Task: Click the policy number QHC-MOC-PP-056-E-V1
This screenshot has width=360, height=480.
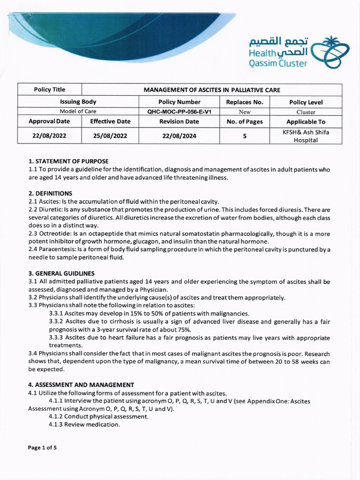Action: [x=180, y=112]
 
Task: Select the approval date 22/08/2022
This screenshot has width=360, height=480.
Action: [x=49, y=136]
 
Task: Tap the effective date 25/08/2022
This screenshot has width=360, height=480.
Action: [x=110, y=136]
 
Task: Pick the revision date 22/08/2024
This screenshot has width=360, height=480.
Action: [x=180, y=136]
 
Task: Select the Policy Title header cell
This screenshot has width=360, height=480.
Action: [x=49, y=90]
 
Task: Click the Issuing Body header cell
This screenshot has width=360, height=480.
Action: [x=78, y=102]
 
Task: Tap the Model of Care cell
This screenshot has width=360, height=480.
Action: [x=78, y=112]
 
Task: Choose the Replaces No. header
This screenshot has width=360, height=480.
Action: [x=245, y=102]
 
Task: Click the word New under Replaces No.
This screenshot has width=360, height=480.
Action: [x=245, y=112]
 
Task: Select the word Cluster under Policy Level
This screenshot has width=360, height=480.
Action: [x=306, y=112]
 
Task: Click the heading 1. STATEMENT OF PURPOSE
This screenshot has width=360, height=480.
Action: [x=68, y=161]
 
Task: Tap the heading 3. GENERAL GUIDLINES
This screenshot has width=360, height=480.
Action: [x=61, y=273]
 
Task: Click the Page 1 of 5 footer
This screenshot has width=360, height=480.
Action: [x=42, y=448]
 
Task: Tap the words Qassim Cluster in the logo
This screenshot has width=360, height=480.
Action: [x=278, y=63]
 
